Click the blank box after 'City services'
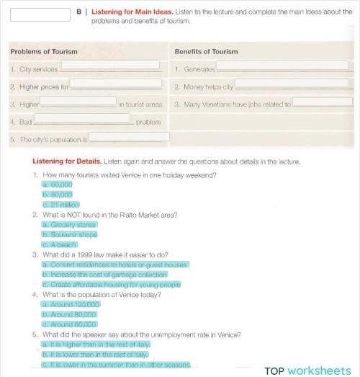(110, 65)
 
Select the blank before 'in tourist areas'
(78, 102)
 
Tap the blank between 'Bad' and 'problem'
(82, 119)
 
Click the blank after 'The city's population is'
(129, 137)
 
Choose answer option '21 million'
(61, 205)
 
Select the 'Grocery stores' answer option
(69, 225)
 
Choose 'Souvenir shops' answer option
(70, 234)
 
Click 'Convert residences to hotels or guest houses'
(115, 265)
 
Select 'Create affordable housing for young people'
(112, 284)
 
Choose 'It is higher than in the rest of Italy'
(96, 345)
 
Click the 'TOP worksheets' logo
(307, 370)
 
